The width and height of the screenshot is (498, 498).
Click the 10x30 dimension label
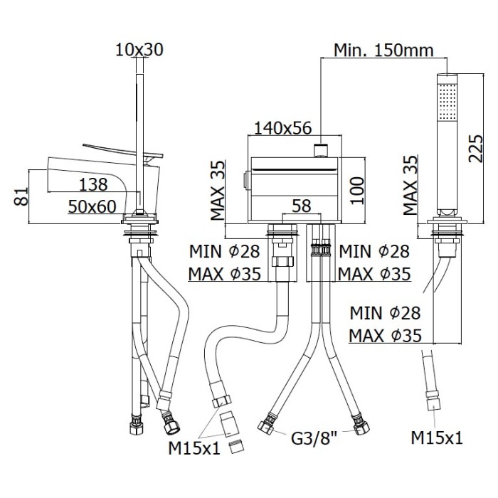point(139,50)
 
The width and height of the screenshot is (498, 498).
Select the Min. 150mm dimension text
point(383,50)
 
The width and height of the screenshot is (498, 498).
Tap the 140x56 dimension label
point(283,128)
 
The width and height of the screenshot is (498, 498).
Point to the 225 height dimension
point(475,149)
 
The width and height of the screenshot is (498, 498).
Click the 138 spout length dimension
point(93,184)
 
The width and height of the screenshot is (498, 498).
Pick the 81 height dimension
point(21,196)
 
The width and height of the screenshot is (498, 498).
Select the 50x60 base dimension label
point(92,207)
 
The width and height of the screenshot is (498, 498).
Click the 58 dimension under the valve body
point(302,206)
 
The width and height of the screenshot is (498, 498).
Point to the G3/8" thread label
point(314,439)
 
